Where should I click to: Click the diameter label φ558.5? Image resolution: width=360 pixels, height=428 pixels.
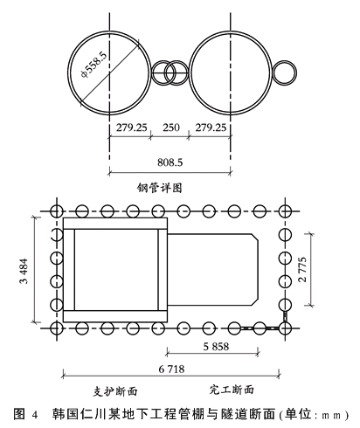(x=94, y=64)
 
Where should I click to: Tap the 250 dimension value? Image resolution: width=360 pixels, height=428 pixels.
(x=171, y=128)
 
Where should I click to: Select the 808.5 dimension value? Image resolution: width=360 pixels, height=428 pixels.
(x=170, y=162)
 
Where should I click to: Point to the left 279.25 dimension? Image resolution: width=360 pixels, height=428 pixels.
(x=132, y=128)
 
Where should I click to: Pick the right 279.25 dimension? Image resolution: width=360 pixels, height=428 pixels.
(x=211, y=128)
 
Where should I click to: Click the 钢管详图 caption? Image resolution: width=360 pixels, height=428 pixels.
(x=160, y=188)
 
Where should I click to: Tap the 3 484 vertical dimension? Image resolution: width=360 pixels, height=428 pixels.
(x=24, y=271)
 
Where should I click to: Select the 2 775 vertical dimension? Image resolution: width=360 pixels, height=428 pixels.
(x=302, y=269)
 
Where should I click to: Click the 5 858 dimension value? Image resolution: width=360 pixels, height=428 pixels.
(x=216, y=347)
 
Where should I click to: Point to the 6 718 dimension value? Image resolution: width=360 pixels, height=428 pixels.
(x=171, y=369)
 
